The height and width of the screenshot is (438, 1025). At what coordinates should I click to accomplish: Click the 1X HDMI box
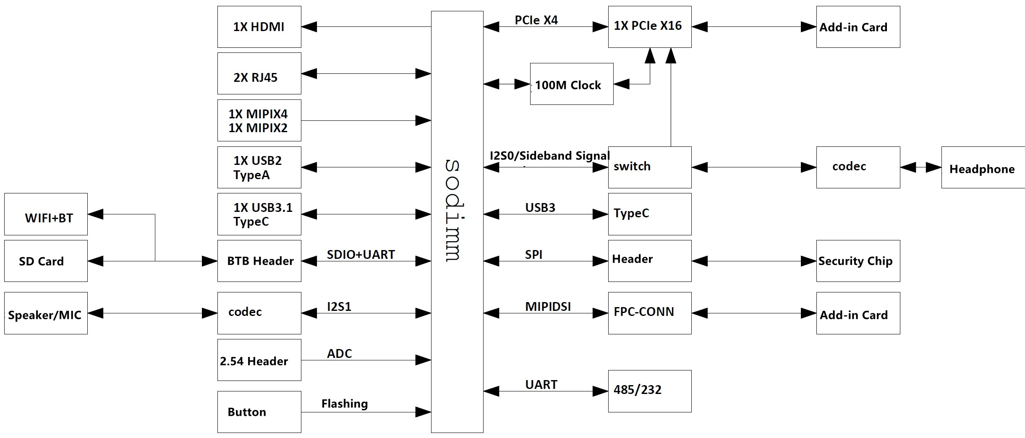tap(259, 27)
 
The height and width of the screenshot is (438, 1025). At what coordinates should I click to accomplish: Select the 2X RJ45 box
tap(259, 73)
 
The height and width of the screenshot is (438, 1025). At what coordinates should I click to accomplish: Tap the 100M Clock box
tap(571, 84)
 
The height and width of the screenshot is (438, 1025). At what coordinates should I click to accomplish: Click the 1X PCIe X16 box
tap(649, 26)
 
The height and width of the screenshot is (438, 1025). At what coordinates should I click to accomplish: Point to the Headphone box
tap(983, 167)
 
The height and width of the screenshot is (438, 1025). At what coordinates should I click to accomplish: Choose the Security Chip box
tap(858, 261)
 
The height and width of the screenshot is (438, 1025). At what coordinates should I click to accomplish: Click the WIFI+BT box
tap(46, 214)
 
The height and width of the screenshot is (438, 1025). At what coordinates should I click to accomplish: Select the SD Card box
tap(46, 261)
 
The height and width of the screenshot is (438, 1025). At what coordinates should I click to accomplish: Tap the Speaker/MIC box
tap(46, 313)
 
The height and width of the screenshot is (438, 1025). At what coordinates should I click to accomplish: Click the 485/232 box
tap(649, 391)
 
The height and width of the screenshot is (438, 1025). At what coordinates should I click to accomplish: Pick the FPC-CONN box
tap(649, 313)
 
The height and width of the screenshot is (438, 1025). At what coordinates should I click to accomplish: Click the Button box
tap(259, 412)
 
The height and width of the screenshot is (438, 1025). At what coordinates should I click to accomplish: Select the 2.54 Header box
tap(259, 360)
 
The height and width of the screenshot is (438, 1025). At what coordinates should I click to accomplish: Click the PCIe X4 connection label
tap(536, 20)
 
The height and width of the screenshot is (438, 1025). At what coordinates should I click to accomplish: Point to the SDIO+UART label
tap(361, 255)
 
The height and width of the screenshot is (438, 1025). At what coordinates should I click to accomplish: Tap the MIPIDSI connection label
tap(548, 307)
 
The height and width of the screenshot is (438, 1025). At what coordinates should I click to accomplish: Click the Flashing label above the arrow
tap(344, 404)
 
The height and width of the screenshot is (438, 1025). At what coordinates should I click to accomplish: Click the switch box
tap(649, 167)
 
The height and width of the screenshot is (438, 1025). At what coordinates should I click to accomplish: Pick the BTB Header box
tap(259, 261)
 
